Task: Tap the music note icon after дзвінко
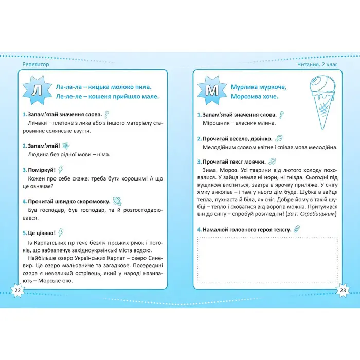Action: pyautogui.click(x=278, y=138)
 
